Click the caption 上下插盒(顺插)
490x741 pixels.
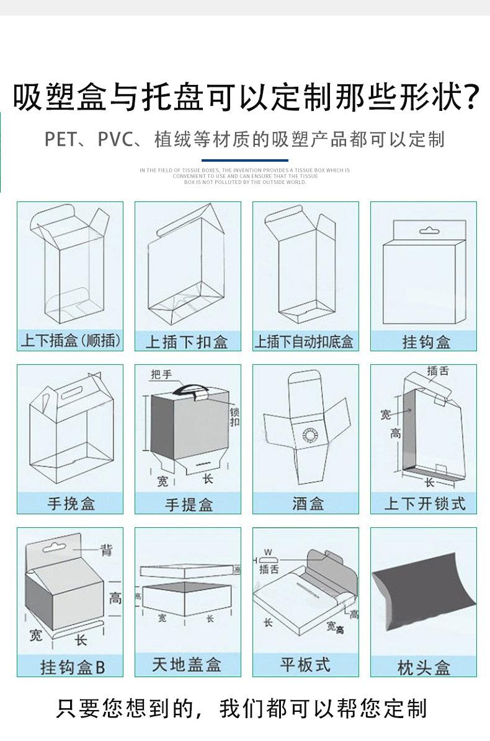[x=70, y=341]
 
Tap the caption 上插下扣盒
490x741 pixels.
[x=187, y=342]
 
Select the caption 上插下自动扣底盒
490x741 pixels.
[x=305, y=341]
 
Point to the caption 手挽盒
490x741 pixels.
[x=71, y=504]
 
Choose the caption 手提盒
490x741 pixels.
[x=189, y=504]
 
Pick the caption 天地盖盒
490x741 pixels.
[x=187, y=665]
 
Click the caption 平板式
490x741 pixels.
[x=305, y=665]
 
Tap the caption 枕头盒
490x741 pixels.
[x=424, y=667]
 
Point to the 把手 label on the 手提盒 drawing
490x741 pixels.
[x=161, y=374]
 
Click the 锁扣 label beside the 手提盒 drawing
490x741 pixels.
[x=234, y=417]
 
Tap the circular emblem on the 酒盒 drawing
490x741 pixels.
[x=310, y=435]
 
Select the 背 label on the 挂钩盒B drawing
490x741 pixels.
[x=107, y=549]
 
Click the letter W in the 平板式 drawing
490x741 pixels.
[x=268, y=551]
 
